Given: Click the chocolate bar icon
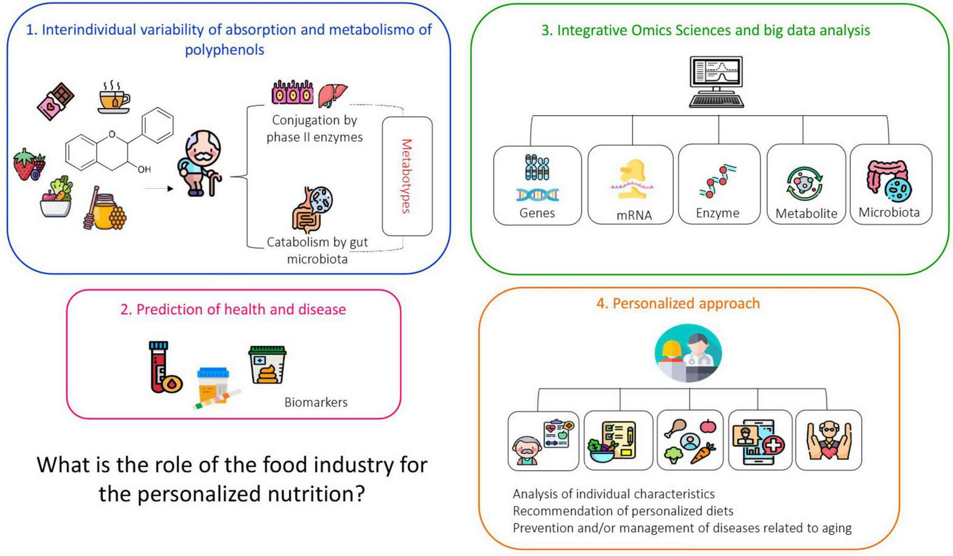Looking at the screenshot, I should [55, 101].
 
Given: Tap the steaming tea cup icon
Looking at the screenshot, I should [113, 98].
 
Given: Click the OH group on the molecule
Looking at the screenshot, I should [144, 170].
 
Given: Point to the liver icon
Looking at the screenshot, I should [332, 95].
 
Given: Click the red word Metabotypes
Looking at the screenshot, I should [407, 176].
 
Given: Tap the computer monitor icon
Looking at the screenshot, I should [716, 81].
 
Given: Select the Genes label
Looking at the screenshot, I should [537, 213].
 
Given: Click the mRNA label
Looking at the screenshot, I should [634, 215].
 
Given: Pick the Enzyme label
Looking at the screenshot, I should [717, 213].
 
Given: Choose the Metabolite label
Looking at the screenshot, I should [806, 214].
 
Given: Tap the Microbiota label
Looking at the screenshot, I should [888, 213].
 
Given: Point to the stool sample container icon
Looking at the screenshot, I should [267, 365].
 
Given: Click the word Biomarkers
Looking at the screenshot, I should [316, 402].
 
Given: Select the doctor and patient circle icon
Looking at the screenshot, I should [688, 353].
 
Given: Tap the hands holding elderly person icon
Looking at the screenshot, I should [828, 440].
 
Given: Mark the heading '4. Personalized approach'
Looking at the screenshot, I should [678, 304].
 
